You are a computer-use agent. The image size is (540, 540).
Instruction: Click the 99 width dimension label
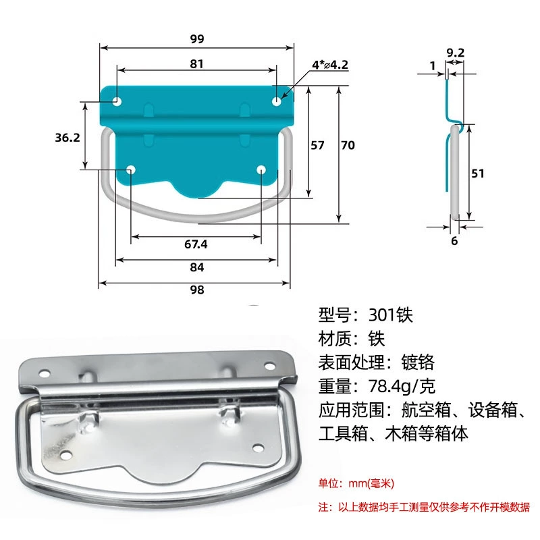pos(197,38)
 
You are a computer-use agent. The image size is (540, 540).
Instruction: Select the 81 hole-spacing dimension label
pos(196,63)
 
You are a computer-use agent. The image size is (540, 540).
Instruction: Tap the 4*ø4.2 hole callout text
pos(330,65)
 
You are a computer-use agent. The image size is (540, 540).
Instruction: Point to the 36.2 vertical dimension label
pos(67,138)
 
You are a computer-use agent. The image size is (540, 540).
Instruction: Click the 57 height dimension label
pos(317,145)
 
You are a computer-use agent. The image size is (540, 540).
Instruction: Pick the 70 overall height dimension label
pos(348,145)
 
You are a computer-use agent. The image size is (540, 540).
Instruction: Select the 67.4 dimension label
pos(196,244)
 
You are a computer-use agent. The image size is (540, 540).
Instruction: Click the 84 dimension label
pos(197,267)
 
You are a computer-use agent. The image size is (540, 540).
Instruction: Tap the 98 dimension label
pos(197,290)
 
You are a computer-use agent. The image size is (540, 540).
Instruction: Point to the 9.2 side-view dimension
pos(455,53)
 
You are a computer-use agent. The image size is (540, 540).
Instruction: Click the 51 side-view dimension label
pos(478,173)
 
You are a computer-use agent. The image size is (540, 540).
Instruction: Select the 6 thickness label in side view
pos(454,241)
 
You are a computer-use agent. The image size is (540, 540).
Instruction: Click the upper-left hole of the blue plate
pos(117,102)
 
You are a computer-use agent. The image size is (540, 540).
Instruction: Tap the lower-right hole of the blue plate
pos(261,169)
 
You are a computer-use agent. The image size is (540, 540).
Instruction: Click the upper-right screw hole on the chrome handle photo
pos(269,366)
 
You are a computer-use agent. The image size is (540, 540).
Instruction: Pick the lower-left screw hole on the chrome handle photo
pos(65,455)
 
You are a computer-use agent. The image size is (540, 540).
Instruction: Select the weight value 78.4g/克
pos(402,386)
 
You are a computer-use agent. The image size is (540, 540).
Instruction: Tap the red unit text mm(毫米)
pos(371,483)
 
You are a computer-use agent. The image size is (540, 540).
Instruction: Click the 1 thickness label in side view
pos(433,65)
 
